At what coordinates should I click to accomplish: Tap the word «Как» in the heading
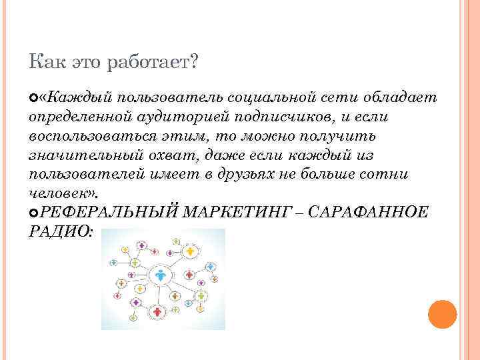coord(45,62)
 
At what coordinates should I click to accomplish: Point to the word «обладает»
coord(400,98)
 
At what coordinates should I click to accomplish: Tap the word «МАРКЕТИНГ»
coord(235,213)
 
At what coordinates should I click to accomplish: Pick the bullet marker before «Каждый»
coord(34,99)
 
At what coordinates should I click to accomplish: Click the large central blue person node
coord(161,273)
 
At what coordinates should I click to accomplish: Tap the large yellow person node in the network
coord(191,251)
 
